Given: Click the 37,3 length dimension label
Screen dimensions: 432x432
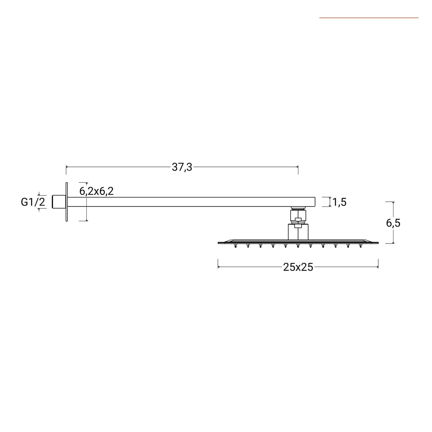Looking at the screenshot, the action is click(182, 167).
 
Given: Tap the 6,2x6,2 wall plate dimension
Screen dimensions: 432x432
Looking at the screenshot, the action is click(96, 191).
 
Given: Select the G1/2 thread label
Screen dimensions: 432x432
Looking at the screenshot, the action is click(33, 202).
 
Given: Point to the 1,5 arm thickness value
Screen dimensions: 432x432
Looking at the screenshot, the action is click(340, 202).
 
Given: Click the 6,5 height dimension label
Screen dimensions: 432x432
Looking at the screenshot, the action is click(393, 223).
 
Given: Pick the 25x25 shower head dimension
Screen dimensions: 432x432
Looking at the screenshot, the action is click(298, 267).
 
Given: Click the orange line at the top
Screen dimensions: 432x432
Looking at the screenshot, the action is click(369, 18).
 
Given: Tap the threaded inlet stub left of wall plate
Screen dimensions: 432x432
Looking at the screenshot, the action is click(59, 202).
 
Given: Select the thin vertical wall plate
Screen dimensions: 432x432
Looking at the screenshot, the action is click(67, 202).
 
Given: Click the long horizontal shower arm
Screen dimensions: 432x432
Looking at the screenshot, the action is click(191, 202).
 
